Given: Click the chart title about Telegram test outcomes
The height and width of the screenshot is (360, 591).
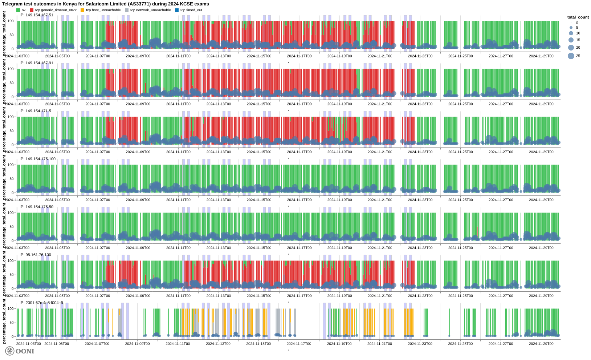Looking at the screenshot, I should point(105,4).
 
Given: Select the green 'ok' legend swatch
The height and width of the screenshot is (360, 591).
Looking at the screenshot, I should point(18,10).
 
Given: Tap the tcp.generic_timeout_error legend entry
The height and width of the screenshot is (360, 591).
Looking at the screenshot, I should point(56,10).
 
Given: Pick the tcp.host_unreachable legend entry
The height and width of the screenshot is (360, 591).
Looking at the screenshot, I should point(103,10).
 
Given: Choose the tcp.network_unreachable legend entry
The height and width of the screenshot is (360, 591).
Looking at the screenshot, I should point(150,10).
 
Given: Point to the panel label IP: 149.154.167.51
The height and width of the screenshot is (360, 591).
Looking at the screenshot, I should point(36,15).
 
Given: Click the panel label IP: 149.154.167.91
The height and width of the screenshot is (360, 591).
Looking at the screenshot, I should point(36,63).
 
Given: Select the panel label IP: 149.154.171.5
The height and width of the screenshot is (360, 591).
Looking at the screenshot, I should point(35,111).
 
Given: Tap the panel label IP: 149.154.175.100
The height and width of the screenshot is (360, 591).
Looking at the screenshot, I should point(37,159).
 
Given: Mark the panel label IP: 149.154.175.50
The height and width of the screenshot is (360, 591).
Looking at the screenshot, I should point(36,207).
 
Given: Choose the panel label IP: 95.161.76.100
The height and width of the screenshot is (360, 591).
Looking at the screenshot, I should point(35,255).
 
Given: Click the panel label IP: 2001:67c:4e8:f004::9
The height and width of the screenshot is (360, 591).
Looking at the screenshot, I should point(41,303).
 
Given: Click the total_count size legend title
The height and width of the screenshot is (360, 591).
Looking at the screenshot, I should point(578,17).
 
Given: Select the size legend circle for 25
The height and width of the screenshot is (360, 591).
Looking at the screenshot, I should point(571,56).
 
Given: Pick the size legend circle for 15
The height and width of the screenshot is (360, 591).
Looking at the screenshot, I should point(571,40).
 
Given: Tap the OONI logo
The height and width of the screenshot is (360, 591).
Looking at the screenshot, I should point(20,351).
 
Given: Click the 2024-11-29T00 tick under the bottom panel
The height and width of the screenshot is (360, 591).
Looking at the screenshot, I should point(541,344).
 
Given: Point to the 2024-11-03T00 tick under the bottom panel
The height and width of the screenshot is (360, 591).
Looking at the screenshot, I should point(28,344).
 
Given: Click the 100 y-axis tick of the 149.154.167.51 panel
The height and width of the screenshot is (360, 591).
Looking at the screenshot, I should point(11,21).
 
